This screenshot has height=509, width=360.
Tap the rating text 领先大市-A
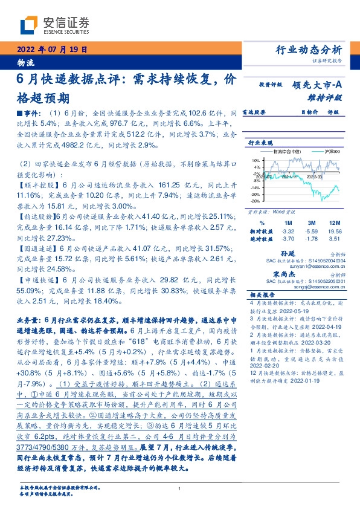point(318,86)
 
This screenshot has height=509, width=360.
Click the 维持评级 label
point(326,97)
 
